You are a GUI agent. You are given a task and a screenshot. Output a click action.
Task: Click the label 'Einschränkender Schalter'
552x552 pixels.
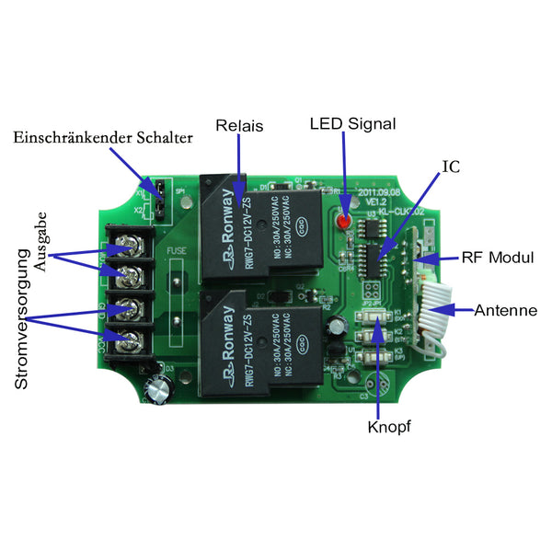point(103,138)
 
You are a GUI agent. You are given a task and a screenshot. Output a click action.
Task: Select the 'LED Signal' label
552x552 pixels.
point(352,123)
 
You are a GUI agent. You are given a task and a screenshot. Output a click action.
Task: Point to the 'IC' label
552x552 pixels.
point(451,167)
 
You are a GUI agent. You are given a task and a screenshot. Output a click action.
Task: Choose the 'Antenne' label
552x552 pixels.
point(505,311)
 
